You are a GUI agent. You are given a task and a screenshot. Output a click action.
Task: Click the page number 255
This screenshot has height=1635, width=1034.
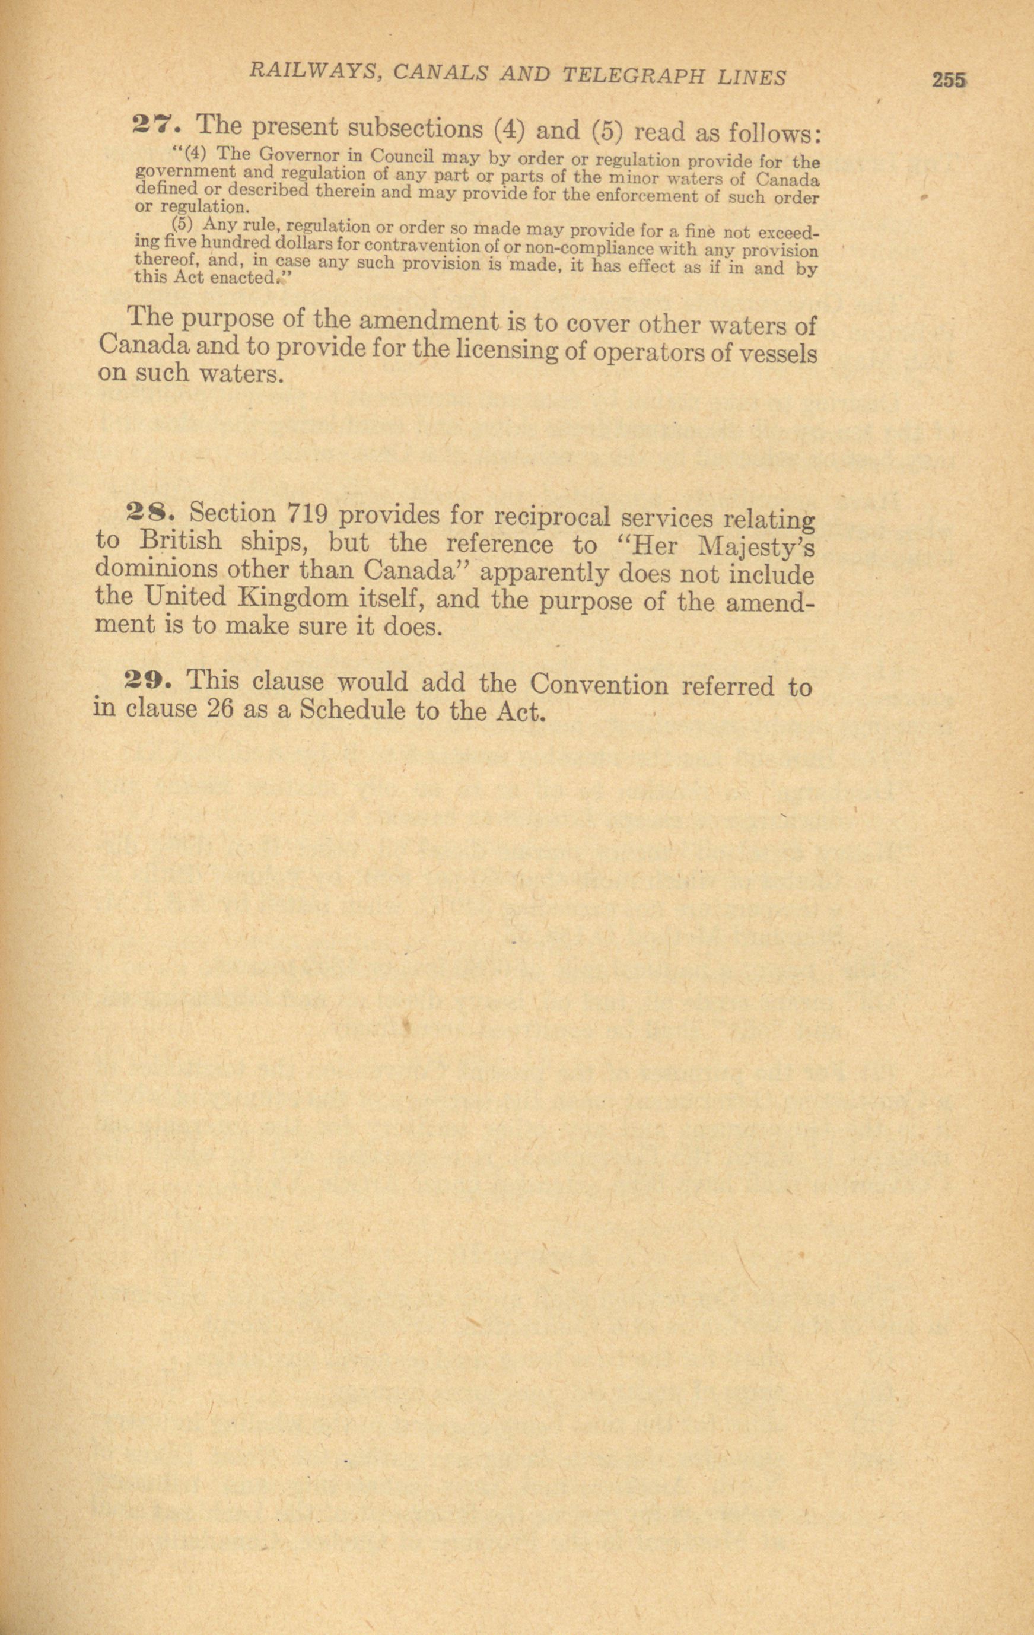click(949, 80)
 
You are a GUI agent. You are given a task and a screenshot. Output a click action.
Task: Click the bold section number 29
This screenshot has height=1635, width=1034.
click(150, 680)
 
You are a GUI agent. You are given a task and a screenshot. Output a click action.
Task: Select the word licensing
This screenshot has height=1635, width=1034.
click(508, 351)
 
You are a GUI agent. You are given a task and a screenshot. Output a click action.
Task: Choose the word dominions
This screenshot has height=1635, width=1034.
click(156, 568)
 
